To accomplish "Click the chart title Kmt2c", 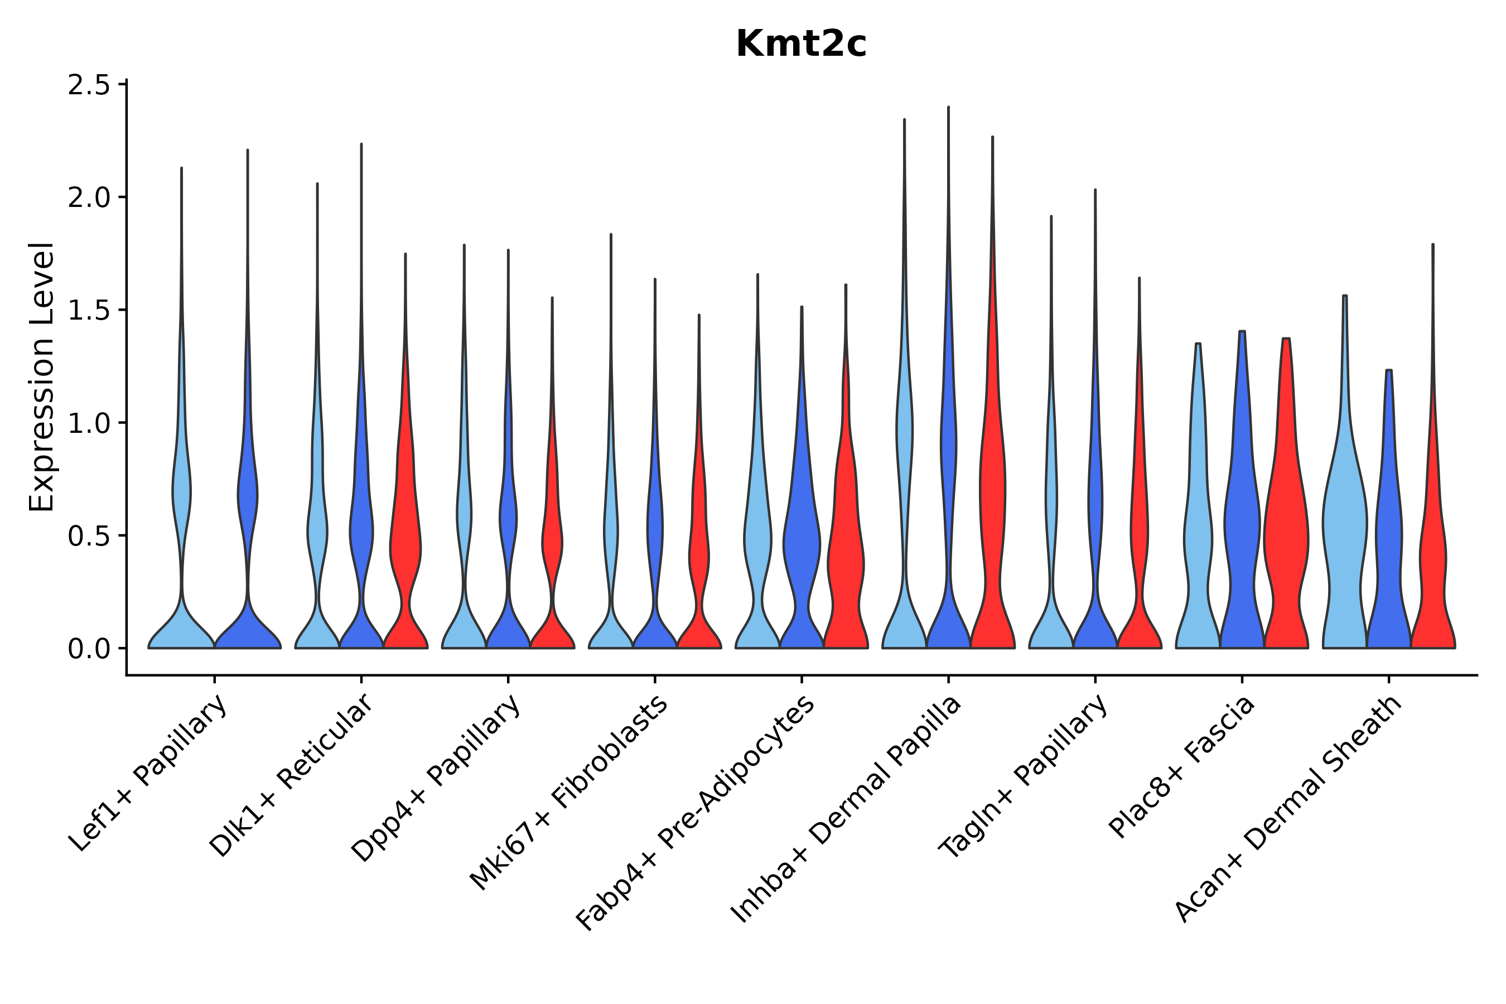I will point(800,44).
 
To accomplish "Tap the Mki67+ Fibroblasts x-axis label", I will point(570,792).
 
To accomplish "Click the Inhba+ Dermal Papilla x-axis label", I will point(847,810).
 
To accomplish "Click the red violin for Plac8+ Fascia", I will point(1286,544).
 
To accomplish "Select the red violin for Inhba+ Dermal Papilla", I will point(992,512).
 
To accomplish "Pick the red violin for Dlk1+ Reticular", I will point(406,544).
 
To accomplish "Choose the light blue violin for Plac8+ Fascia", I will point(1198,544).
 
